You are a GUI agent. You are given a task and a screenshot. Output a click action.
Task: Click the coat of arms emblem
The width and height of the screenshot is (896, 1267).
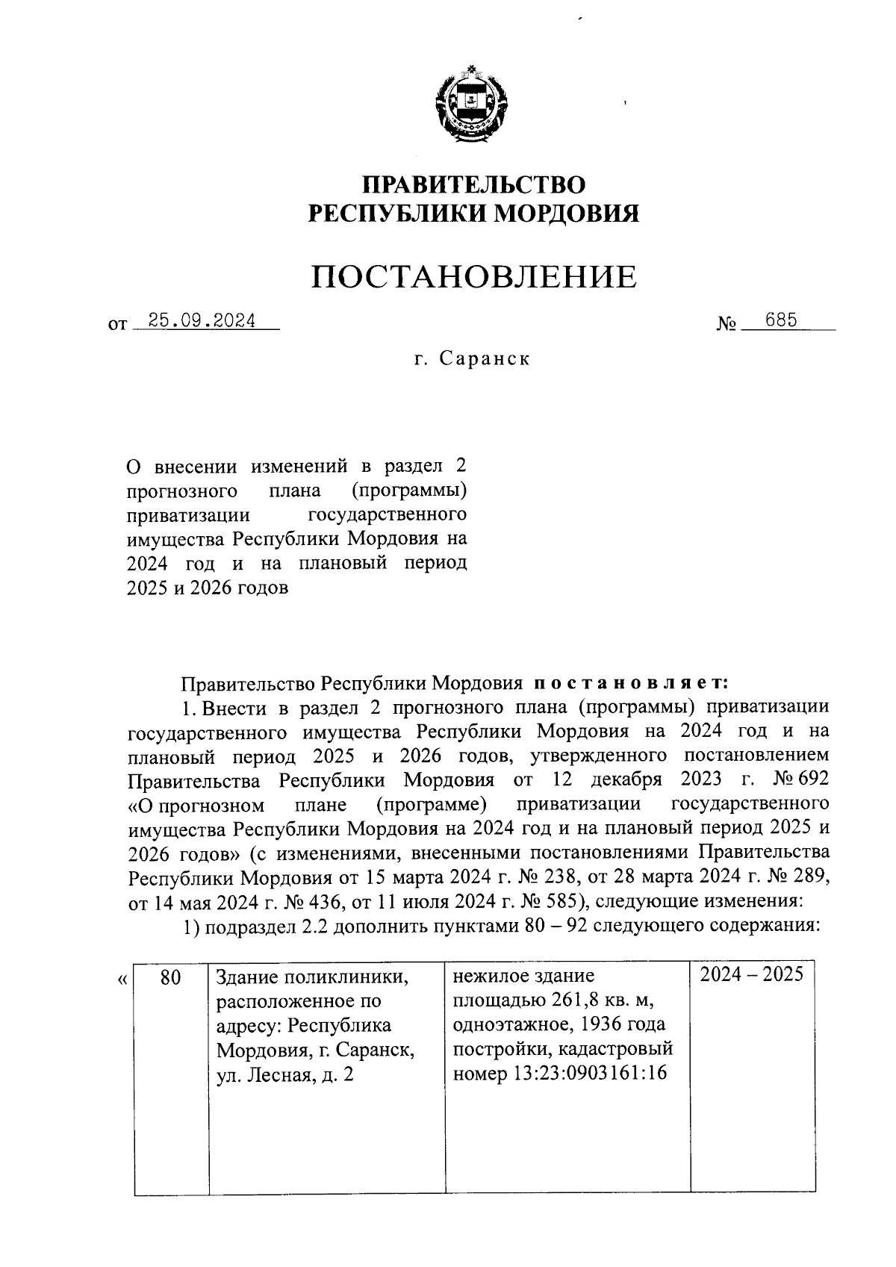click(473, 106)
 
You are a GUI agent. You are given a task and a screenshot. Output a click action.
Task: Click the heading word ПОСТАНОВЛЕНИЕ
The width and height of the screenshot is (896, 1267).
click(474, 277)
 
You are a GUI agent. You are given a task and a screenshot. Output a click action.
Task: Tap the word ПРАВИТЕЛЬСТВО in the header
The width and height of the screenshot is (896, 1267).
click(474, 184)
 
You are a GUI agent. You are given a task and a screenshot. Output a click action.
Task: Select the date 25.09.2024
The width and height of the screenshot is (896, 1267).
click(202, 321)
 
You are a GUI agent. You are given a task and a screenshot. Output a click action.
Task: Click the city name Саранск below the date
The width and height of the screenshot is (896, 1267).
click(485, 358)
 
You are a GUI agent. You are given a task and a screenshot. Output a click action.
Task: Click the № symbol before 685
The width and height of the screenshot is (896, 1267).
click(727, 324)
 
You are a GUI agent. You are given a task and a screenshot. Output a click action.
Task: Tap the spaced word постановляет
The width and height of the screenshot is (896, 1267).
click(630, 682)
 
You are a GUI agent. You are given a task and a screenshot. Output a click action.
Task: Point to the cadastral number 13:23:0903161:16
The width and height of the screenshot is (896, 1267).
click(582, 1074)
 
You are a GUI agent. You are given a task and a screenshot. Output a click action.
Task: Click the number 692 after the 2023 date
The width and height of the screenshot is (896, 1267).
click(813, 780)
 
